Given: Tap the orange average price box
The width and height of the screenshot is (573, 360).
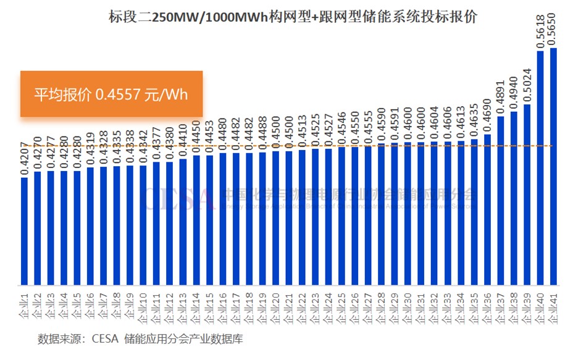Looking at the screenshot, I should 111,94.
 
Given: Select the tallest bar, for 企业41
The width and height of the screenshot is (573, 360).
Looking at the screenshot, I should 553,167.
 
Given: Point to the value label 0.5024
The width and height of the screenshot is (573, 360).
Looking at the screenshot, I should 527,83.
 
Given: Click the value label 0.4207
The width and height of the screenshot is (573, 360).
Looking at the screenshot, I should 24,160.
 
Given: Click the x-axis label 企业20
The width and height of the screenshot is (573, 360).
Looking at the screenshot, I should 275,307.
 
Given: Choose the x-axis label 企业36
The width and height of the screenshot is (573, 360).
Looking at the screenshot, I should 487,307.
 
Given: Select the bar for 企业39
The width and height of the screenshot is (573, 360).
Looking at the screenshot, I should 527,195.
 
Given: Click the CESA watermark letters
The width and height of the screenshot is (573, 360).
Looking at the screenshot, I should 179,198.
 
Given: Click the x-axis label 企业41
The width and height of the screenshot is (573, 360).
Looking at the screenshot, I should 553,307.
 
